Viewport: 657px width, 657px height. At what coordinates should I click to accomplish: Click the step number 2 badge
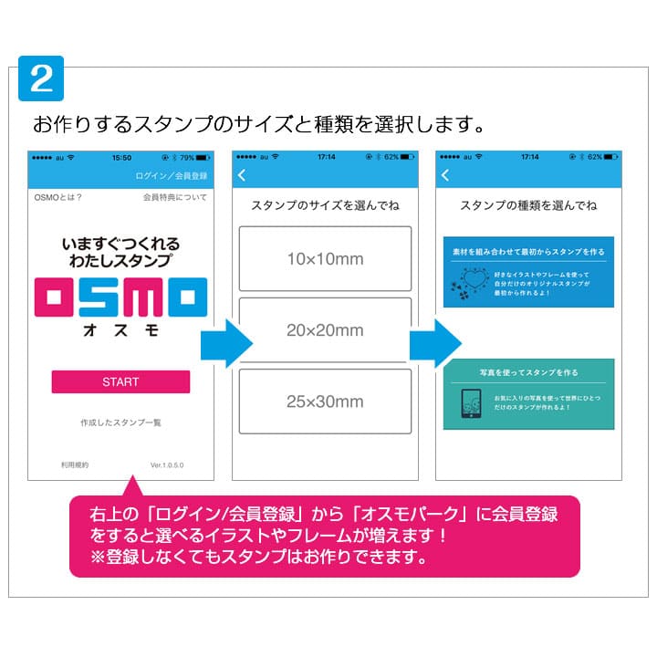pyautogui.click(x=42, y=80)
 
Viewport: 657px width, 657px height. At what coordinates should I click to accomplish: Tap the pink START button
pyautogui.click(x=120, y=381)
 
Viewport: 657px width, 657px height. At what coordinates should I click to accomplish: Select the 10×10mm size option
pyautogui.click(x=325, y=259)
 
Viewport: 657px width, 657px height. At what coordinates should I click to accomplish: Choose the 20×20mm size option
pyautogui.click(x=325, y=330)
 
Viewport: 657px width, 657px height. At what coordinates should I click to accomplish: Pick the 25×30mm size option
pyautogui.click(x=325, y=401)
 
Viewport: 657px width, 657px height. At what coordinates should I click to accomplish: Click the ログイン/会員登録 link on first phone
pyautogui.click(x=172, y=175)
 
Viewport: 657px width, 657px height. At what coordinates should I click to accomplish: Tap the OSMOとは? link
pyautogui.click(x=58, y=197)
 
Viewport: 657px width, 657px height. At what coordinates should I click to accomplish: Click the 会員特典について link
pyautogui.click(x=175, y=197)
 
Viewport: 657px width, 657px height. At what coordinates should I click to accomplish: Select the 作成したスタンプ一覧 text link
pyautogui.click(x=120, y=422)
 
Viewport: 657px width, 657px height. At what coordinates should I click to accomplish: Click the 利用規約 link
pyautogui.click(x=75, y=464)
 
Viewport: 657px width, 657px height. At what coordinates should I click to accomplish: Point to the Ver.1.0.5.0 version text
pyautogui.click(x=167, y=464)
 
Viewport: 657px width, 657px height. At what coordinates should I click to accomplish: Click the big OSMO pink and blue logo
pyautogui.click(x=120, y=298)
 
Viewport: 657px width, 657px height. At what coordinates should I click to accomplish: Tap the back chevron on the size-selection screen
pyautogui.click(x=242, y=175)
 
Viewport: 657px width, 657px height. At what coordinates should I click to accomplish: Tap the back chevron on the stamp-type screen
pyautogui.click(x=445, y=175)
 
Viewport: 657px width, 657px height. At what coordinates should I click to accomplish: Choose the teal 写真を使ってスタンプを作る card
pyautogui.click(x=528, y=393)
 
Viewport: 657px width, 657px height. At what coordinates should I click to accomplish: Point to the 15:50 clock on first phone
pyautogui.click(x=120, y=157)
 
